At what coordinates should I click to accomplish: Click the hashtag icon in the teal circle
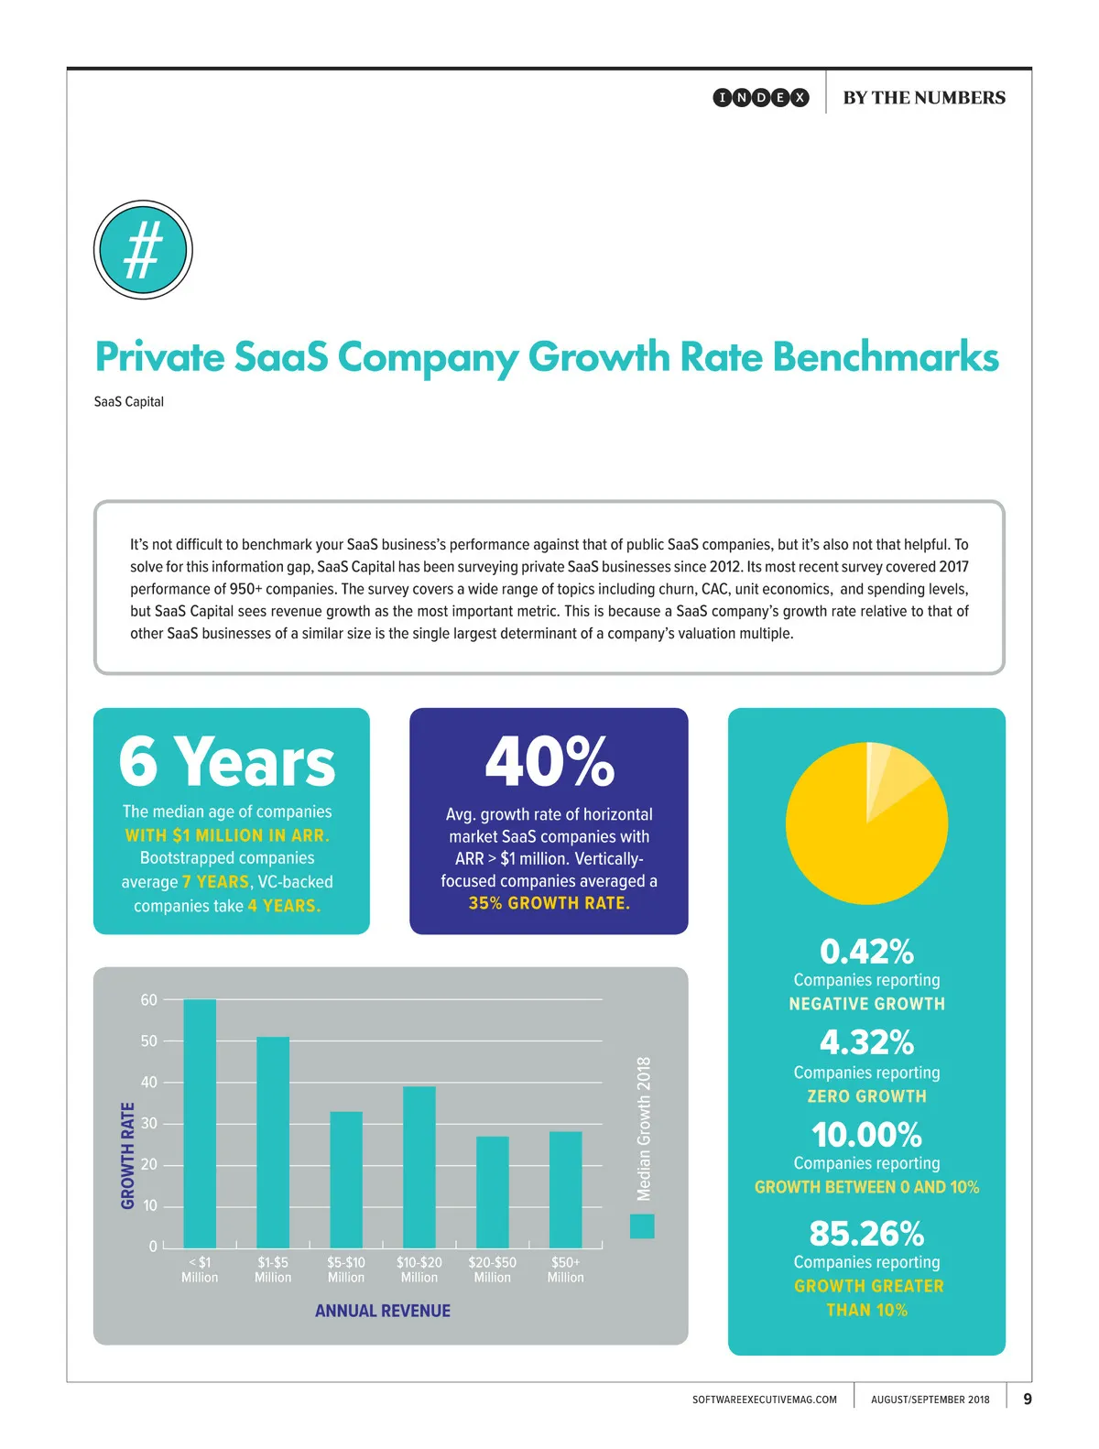(143, 249)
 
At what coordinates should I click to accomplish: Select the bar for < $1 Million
(200, 1123)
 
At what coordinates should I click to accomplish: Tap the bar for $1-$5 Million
(273, 1142)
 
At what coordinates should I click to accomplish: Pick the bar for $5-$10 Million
(346, 1180)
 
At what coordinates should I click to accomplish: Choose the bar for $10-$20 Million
(419, 1167)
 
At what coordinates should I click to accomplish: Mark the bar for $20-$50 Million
(493, 1192)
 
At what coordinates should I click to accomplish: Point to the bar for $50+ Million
(566, 1190)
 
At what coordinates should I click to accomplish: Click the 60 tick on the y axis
(148, 1000)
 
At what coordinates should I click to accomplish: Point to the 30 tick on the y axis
(148, 1124)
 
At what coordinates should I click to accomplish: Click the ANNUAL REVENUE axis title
(383, 1311)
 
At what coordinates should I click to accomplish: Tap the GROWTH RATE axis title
(128, 1155)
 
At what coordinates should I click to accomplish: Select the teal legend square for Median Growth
(642, 1226)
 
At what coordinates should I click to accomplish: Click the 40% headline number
(549, 762)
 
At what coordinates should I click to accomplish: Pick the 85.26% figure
(866, 1234)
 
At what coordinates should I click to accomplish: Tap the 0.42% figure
(866, 952)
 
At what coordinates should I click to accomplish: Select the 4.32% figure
(866, 1042)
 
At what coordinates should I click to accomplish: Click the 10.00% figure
(866, 1135)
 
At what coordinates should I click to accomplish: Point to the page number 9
(1028, 1399)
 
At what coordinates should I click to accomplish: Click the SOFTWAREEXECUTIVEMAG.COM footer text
(765, 1400)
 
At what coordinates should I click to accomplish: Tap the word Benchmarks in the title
(886, 357)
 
